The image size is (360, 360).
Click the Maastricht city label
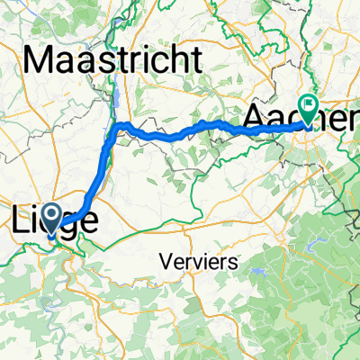tap(112, 61)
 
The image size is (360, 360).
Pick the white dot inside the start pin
tap(50, 213)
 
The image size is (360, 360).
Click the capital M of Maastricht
tap(41, 61)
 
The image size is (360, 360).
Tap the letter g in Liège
tap(70, 224)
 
